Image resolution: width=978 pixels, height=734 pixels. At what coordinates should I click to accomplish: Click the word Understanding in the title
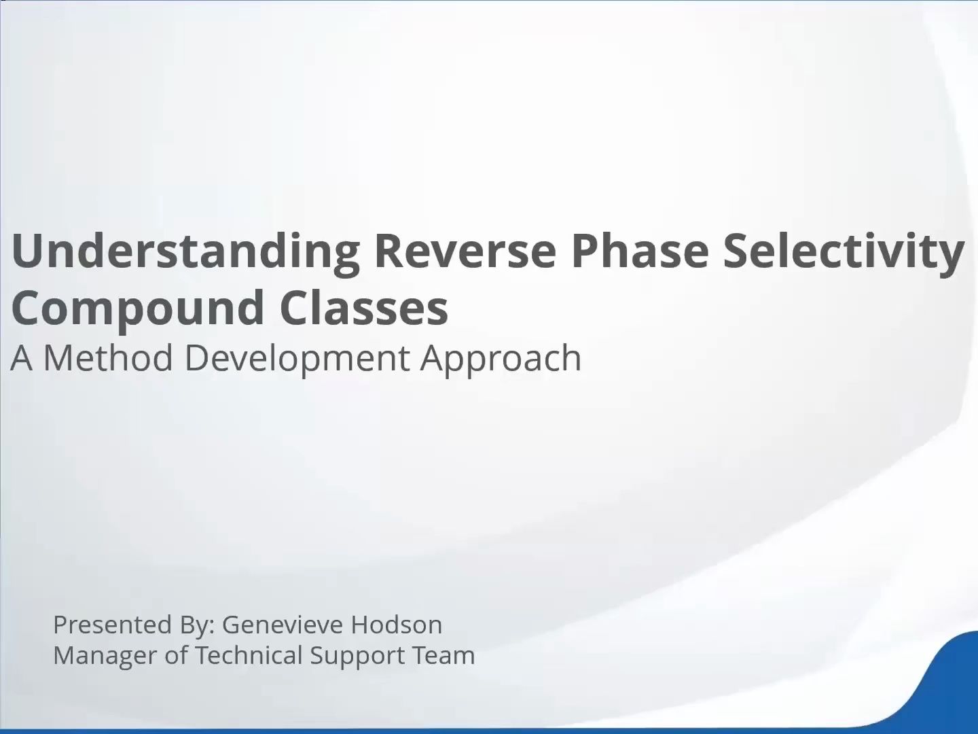185,251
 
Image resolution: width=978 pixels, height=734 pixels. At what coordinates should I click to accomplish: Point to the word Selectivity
844,251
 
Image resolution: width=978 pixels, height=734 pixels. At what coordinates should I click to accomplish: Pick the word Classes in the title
363,307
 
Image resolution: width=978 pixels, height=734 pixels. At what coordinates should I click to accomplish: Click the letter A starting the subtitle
21,358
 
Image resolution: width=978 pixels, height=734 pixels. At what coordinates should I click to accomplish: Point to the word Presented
113,625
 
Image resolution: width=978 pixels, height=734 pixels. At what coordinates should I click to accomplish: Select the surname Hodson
397,625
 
